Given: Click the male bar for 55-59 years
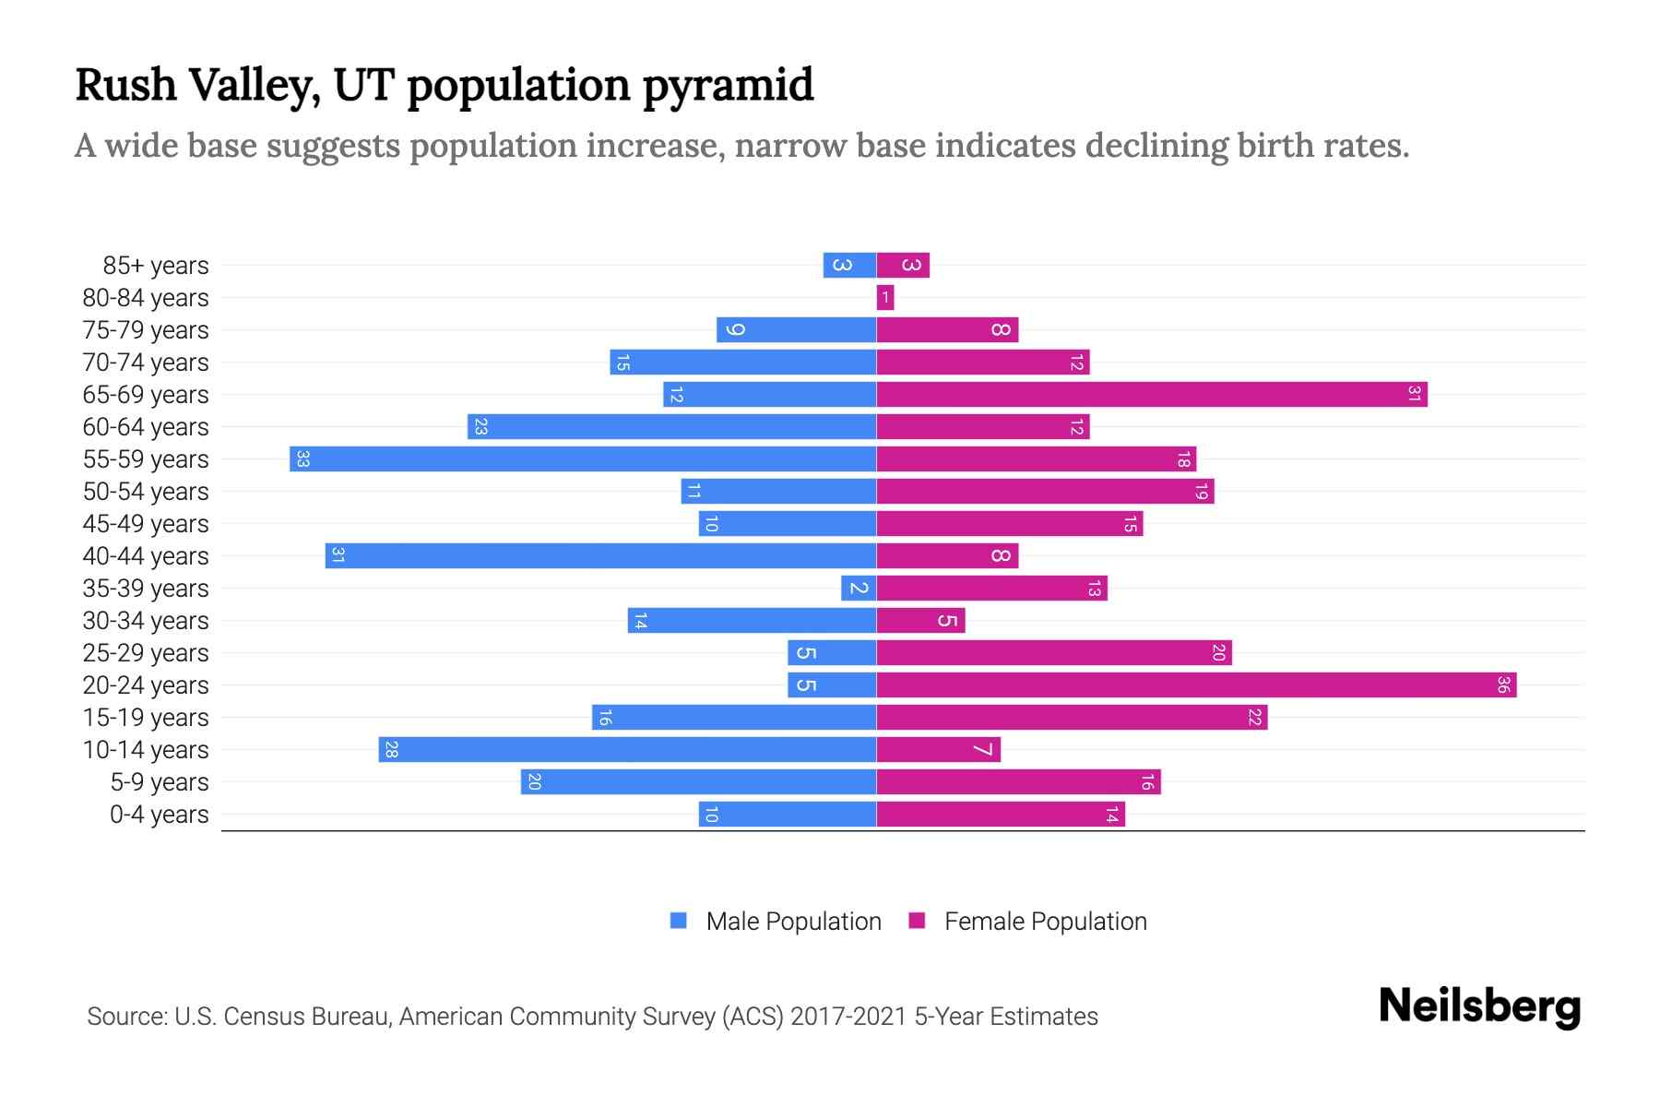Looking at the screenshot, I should [583, 458].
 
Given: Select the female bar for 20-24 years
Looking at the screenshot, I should [1196, 684].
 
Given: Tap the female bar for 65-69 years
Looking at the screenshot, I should [1151, 394].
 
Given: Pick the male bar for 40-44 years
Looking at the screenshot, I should [600, 555].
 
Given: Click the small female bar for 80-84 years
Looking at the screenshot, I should [885, 297].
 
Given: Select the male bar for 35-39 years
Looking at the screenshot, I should [859, 588].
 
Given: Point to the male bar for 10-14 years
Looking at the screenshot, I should [627, 749].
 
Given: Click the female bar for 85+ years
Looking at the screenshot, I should [903, 265].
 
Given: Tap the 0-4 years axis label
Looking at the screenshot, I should [159, 815].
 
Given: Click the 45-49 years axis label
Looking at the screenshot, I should [146, 524].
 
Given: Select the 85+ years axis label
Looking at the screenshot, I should [155, 266].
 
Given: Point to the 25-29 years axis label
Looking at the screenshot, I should [146, 653].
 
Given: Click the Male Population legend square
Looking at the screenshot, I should [679, 921].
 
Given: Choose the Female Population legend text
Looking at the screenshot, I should [1045, 921].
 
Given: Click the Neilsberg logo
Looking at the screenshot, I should [1479, 1006].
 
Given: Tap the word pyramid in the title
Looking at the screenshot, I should [728, 86].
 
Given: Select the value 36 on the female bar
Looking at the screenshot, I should [1503, 684].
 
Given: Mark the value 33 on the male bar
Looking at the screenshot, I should [302, 458].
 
